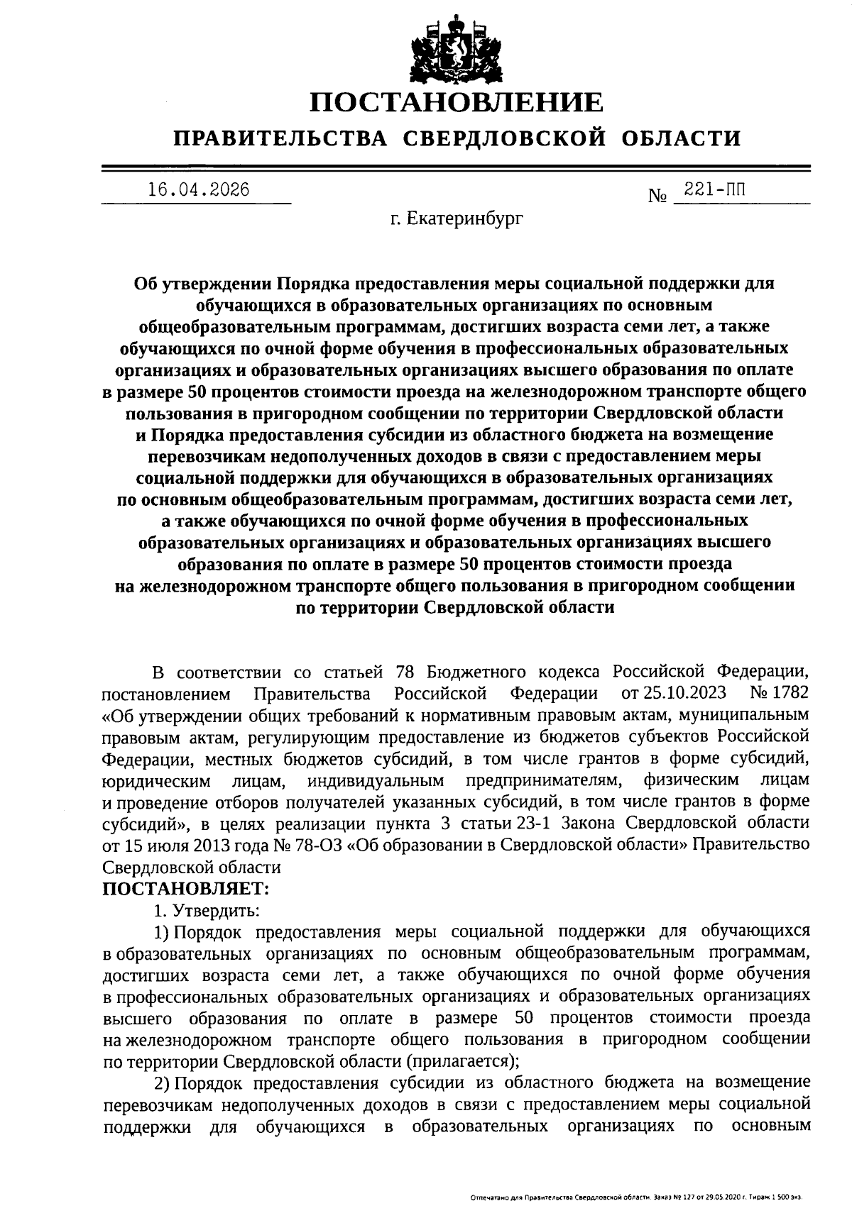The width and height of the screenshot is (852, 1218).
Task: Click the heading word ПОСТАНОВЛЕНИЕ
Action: pyautogui.click(x=457, y=103)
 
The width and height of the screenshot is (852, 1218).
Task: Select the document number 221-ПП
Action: pyautogui.click(x=715, y=190)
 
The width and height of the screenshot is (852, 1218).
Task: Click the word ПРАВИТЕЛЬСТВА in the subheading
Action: pyautogui.click(x=281, y=138)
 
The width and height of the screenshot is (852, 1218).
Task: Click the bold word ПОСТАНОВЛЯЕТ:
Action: pyautogui.click(x=186, y=887)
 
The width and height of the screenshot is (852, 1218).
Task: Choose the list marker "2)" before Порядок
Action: pyautogui.click(x=163, y=1083)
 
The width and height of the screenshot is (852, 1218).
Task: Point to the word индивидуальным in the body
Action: pyautogui.click(x=376, y=781)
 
